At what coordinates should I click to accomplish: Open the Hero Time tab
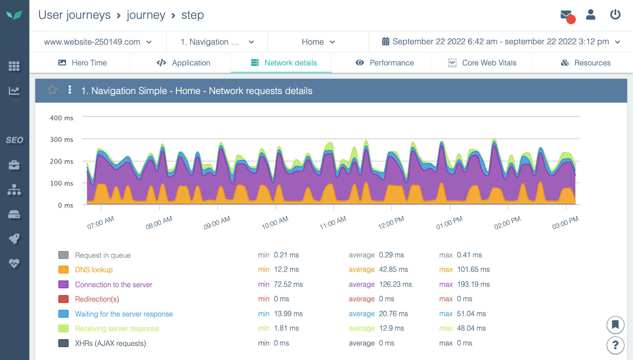[x=83, y=63]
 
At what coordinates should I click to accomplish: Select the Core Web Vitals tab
[x=482, y=63]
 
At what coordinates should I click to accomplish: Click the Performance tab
[x=385, y=63]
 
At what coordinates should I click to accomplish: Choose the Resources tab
[x=586, y=63]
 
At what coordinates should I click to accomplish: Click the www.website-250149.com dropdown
[x=98, y=42]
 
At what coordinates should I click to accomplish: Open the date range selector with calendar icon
[x=501, y=42]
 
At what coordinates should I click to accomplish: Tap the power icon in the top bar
[x=615, y=14]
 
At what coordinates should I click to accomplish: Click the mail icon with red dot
[x=566, y=15]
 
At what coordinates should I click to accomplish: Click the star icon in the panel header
[x=52, y=90]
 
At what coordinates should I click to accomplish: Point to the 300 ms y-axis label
[x=61, y=139]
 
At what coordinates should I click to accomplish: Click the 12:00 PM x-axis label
[x=391, y=223]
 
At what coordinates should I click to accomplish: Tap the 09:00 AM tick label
[x=217, y=223]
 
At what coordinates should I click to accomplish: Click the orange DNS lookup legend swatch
[x=63, y=270]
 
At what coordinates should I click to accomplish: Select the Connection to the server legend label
[x=114, y=285]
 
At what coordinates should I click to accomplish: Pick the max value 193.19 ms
[x=473, y=284]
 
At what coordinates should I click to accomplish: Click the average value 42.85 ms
[x=393, y=270]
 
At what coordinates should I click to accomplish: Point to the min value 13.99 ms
[x=288, y=314]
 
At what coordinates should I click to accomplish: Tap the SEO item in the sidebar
[x=14, y=140]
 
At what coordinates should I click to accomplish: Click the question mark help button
[x=615, y=345]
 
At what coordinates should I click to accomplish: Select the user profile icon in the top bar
[x=591, y=14]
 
